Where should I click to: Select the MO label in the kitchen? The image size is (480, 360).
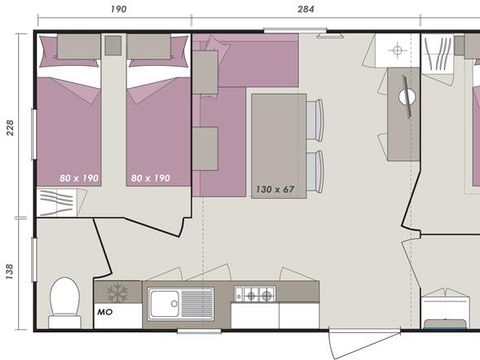(105, 312)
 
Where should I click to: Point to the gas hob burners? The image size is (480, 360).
(255, 295)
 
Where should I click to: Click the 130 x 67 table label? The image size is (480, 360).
(274, 188)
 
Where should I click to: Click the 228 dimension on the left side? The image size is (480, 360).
(11, 127)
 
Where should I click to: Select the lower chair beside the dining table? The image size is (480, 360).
(316, 168)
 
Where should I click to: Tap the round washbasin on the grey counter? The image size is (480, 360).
(409, 96)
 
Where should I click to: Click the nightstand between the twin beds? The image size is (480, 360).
(113, 46)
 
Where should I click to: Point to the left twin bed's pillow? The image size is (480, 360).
(77, 46)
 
